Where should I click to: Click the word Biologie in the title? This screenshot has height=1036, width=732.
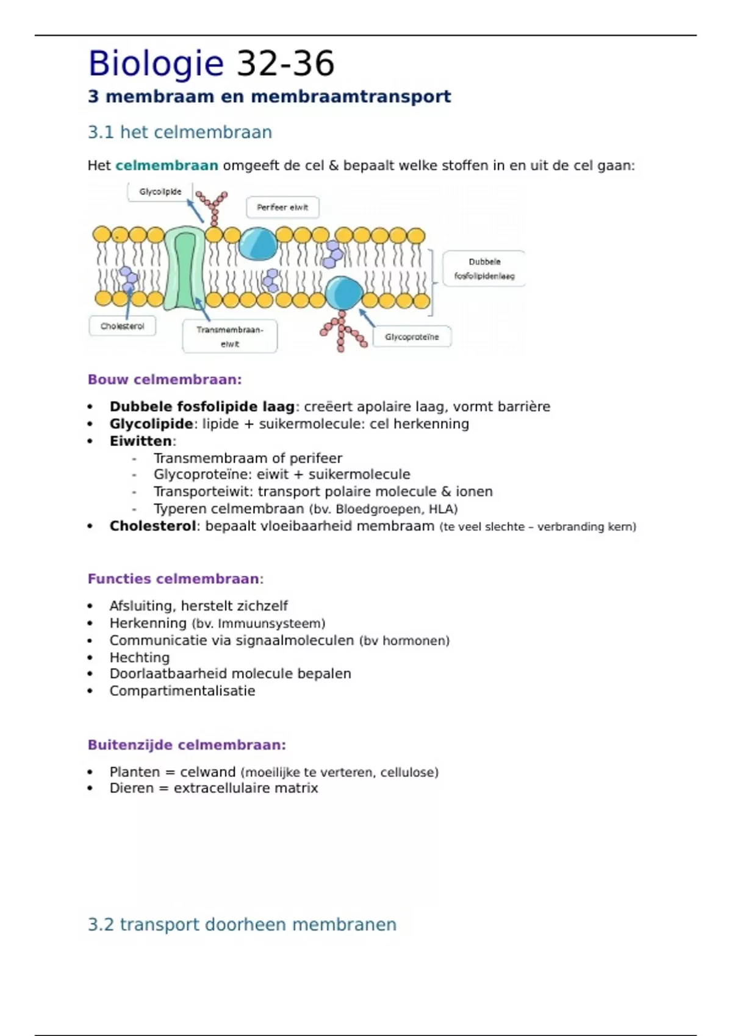coord(156,64)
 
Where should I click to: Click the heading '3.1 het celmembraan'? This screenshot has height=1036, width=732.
coord(179,132)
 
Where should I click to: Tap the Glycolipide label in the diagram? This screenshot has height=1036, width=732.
coord(160,192)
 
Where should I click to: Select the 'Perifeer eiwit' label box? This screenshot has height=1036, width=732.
coord(282,207)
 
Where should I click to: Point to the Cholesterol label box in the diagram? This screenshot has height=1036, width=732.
coord(122,326)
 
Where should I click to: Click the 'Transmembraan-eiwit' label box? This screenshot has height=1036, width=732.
coord(230,336)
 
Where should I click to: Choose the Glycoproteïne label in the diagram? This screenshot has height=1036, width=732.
coord(412,337)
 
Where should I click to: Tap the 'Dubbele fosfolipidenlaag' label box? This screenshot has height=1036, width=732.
coord(484,269)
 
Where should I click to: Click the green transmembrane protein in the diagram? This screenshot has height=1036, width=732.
coord(185,268)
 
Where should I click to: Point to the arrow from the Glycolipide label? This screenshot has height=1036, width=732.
coord(195,210)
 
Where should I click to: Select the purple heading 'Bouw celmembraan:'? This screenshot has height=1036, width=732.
coord(165,380)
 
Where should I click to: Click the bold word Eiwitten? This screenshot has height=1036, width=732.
coord(141,441)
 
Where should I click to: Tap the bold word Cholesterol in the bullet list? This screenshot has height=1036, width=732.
coord(152,527)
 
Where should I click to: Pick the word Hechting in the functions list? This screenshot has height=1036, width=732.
coord(140,658)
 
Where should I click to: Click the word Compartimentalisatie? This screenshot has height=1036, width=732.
coord(182,691)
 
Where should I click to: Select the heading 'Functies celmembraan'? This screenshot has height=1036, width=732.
coord(174,579)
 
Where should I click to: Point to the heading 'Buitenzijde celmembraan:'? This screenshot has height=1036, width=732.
coord(187,745)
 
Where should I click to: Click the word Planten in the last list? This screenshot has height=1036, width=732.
coord(135,772)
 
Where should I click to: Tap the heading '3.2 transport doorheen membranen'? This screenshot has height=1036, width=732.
coord(242,924)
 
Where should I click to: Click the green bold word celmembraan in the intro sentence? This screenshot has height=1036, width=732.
coord(167,166)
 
